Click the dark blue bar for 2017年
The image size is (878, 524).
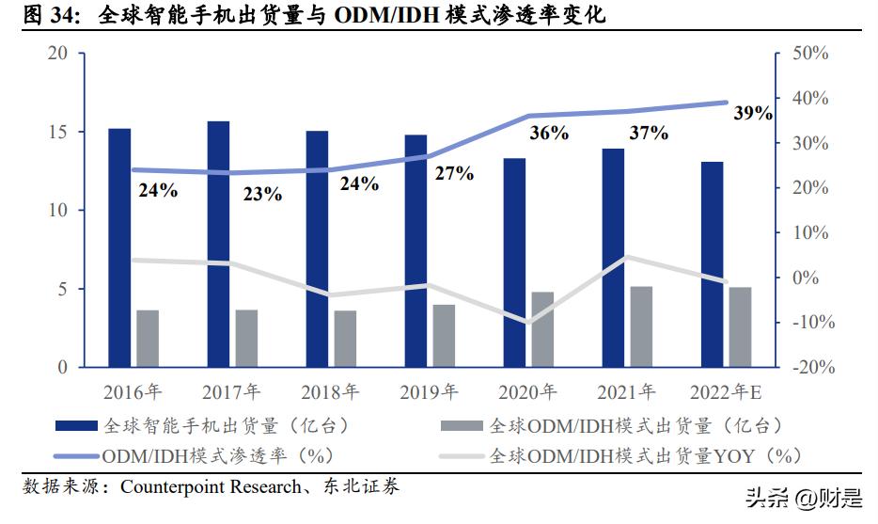click(218, 244)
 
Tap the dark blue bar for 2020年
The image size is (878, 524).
click(514, 262)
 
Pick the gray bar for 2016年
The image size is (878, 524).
click(148, 338)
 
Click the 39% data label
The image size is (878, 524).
click(752, 113)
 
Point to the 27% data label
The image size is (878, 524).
click(453, 174)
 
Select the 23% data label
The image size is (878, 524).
click(262, 195)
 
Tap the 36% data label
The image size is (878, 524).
click(549, 134)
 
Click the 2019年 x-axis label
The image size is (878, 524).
click(429, 391)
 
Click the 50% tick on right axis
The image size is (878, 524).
click(809, 54)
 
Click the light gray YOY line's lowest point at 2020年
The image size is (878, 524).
click(528, 322)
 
